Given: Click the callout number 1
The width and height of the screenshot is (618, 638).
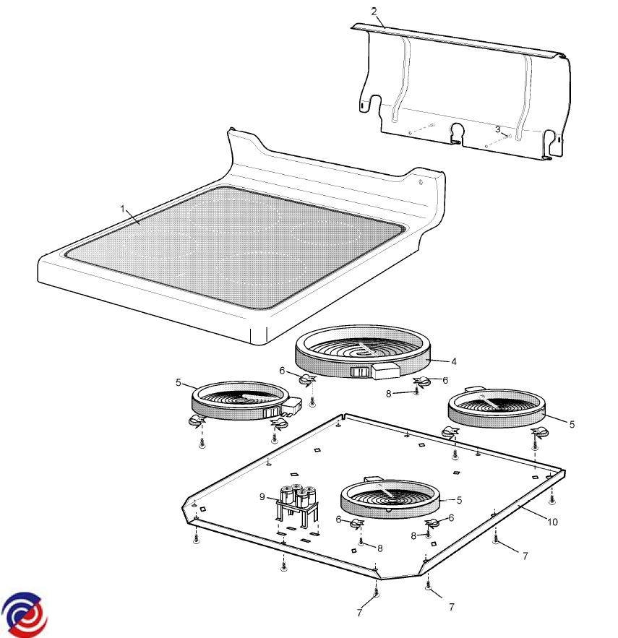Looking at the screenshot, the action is [x=123, y=209].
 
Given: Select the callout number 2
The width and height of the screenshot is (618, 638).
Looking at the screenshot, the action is [x=374, y=12].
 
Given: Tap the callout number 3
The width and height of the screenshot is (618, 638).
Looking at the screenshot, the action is [x=497, y=129].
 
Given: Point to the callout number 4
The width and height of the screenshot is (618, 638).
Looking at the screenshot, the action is [x=453, y=361].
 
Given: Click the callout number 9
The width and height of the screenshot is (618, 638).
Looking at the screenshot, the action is [x=262, y=497].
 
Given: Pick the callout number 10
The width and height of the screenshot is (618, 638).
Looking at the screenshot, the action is [x=552, y=522].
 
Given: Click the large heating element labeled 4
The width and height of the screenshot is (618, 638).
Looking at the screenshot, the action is [x=363, y=352].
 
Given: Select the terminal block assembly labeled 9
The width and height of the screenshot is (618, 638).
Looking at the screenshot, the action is [x=298, y=506].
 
